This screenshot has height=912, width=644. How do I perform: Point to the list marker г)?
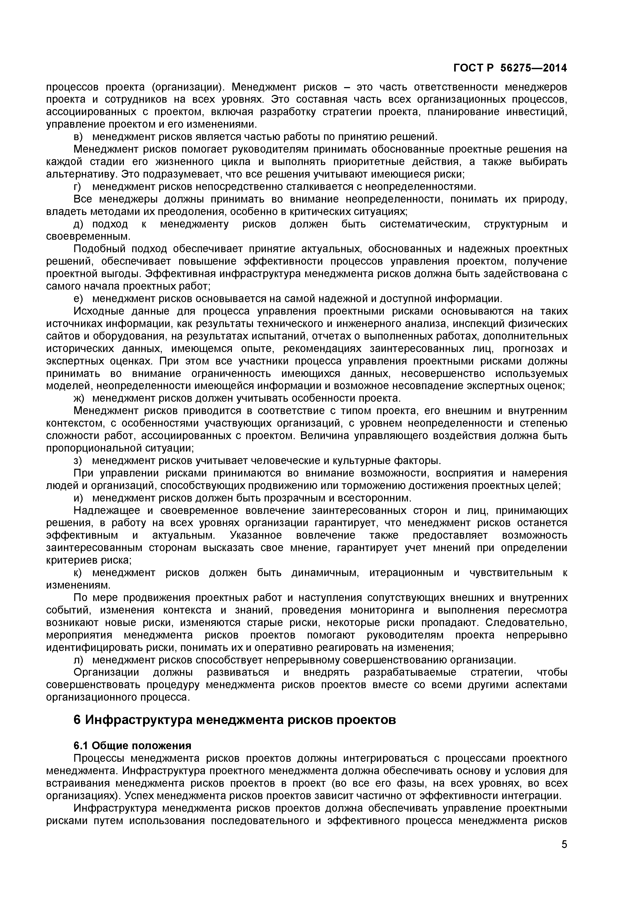click(x=77, y=187)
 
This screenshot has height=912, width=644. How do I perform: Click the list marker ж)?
click(x=79, y=398)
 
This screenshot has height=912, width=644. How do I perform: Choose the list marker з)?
click(x=78, y=460)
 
